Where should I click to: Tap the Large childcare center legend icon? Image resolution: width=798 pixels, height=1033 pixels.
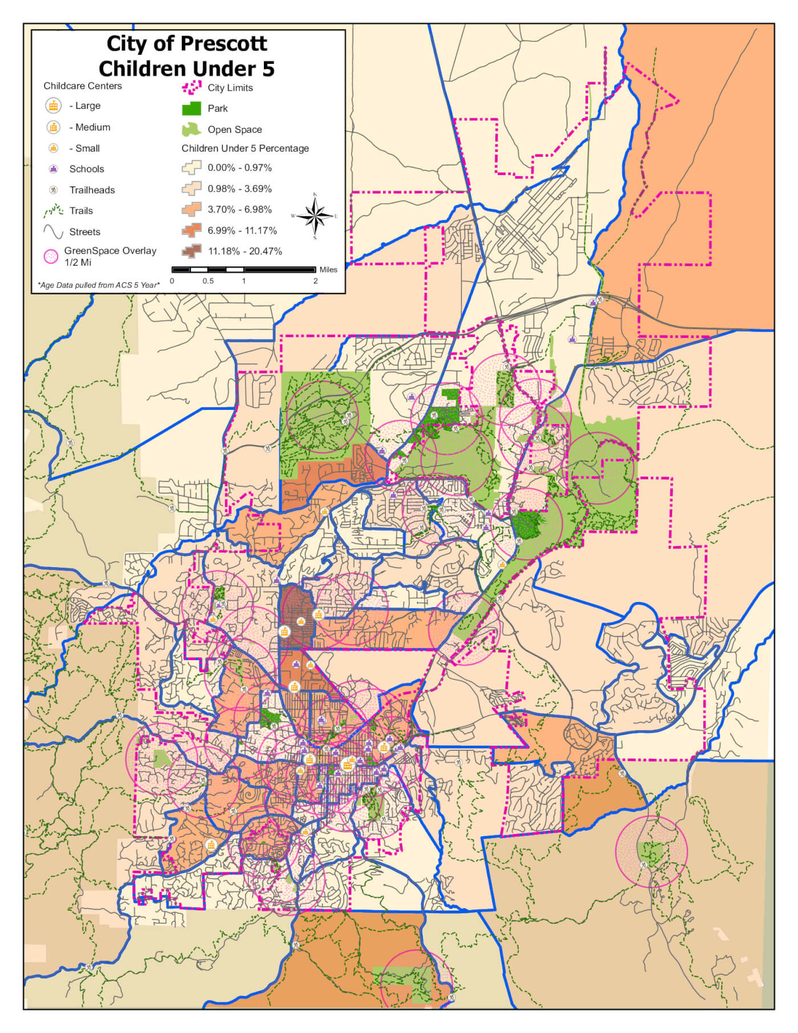(x=54, y=105)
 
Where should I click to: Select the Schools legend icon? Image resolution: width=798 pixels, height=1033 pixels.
(x=54, y=169)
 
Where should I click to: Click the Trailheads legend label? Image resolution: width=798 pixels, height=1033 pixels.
(x=92, y=190)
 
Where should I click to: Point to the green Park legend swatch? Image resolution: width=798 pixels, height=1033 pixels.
(x=192, y=108)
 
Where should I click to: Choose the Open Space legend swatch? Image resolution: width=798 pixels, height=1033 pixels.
(x=192, y=129)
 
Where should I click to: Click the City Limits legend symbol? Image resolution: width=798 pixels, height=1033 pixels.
(x=192, y=87)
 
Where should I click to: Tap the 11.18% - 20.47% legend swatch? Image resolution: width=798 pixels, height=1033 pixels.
(x=192, y=251)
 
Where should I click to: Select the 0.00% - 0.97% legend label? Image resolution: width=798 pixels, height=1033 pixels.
(x=239, y=168)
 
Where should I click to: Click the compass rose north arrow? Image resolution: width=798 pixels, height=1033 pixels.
(x=315, y=202)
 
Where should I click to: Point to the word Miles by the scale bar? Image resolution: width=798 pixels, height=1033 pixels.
(x=328, y=270)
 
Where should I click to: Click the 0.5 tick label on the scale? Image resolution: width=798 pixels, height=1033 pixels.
(x=208, y=281)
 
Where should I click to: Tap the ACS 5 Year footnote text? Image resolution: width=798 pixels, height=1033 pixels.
(x=99, y=284)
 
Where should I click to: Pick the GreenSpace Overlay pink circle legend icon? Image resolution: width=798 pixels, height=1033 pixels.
(x=51, y=257)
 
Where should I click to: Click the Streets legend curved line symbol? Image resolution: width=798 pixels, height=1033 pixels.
(x=53, y=231)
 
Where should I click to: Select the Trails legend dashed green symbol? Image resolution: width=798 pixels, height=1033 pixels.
(x=53, y=211)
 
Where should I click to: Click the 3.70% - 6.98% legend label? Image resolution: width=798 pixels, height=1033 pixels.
(x=239, y=209)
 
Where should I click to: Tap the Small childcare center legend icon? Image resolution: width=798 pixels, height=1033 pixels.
(x=54, y=148)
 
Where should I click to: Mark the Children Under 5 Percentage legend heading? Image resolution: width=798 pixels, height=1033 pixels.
(x=245, y=148)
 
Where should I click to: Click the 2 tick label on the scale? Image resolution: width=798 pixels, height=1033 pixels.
(x=315, y=281)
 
